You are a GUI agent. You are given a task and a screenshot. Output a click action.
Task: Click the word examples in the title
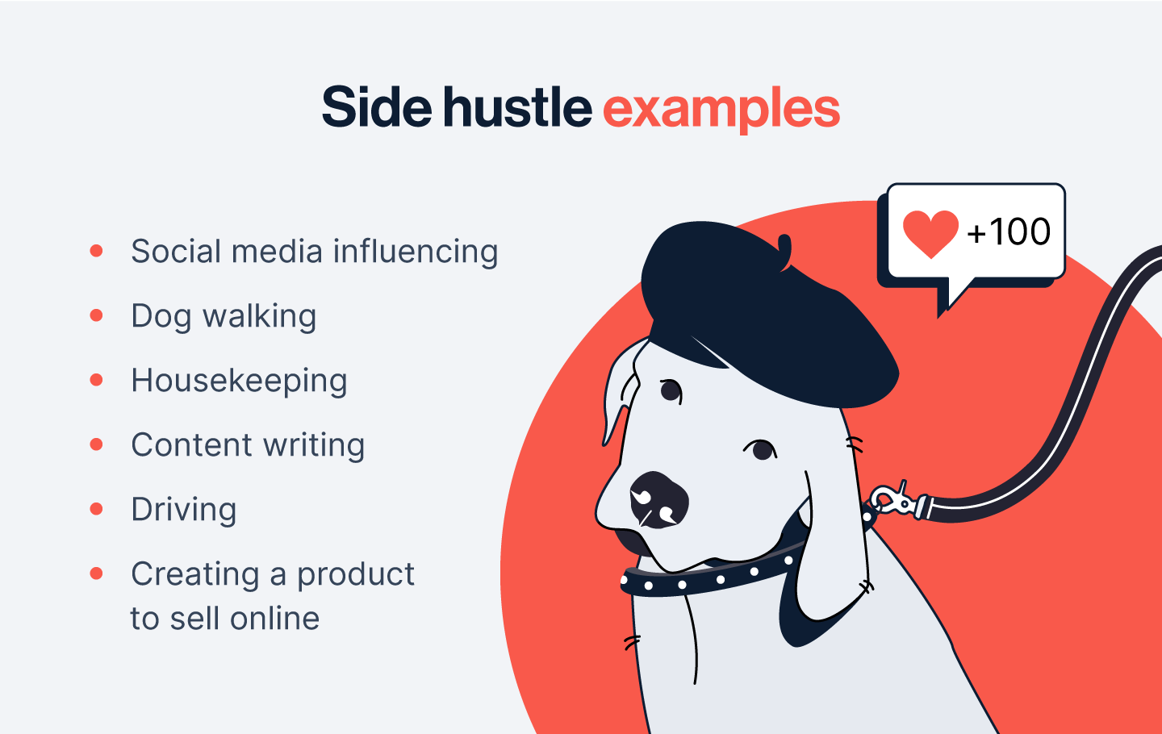(721, 110)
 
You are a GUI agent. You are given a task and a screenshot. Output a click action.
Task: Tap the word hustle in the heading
(517, 106)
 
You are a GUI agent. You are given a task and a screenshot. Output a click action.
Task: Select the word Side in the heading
(377, 106)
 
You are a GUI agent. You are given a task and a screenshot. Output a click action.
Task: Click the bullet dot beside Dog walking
(96, 315)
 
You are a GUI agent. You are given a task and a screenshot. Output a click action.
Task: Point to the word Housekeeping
(239, 381)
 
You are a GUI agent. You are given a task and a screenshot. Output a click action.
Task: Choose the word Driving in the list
(184, 510)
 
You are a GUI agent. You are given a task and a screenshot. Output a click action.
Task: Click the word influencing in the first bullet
(415, 252)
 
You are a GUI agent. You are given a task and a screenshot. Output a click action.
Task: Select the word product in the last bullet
(355, 575)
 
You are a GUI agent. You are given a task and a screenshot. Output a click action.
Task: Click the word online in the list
(274, 618)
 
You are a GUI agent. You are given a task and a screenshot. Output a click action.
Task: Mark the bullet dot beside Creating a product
(96, 573)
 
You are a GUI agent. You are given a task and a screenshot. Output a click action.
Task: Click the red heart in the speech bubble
(930, 234)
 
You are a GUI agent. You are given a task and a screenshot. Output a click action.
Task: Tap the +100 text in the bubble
(1009, 231)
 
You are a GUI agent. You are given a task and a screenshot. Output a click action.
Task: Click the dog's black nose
(659, 500)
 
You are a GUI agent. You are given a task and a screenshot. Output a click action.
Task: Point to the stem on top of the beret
(785, 252)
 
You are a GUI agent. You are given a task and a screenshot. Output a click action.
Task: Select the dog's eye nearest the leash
(762, 449)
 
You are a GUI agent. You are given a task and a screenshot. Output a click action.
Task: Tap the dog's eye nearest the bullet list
(671, 390)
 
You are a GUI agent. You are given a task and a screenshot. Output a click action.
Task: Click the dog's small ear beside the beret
(621, 391)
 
